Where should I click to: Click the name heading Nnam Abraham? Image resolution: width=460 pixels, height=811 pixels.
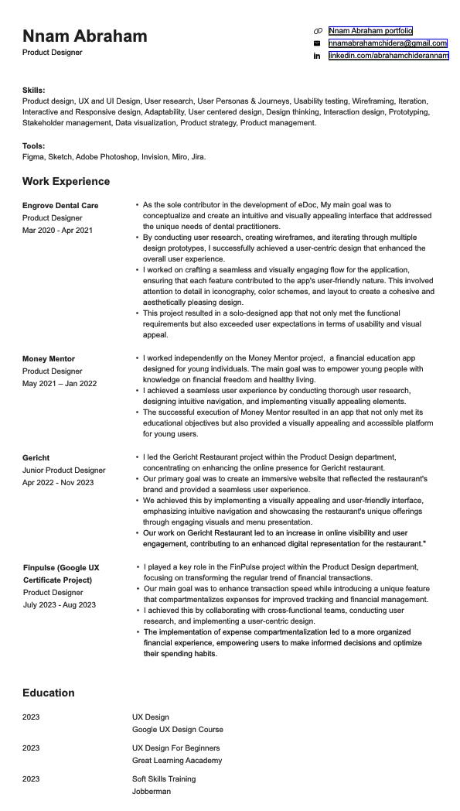tap(84, 36)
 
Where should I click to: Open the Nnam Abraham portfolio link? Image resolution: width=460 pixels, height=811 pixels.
tap(370, 30)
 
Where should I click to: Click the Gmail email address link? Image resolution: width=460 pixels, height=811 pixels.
tap(387, 43)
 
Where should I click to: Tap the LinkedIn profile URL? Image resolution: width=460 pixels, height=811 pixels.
tap(388, 56)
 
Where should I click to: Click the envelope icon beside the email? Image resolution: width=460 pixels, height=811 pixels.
tap(317, 43)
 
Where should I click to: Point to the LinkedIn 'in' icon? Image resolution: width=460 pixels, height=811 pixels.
tap(317, 56)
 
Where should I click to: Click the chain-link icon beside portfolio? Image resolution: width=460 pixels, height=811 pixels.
tap(317, 30)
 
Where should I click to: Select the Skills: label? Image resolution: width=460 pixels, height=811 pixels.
tap(34, 90)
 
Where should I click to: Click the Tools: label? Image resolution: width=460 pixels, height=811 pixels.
tap(34, 145)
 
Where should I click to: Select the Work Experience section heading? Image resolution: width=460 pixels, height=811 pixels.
tap(66, 181)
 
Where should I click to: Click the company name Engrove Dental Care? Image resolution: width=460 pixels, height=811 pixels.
tap(60, 205)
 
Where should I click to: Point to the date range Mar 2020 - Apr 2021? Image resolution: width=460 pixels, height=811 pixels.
tap(57, 230)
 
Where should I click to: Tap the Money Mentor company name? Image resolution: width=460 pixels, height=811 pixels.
tap(49, 358)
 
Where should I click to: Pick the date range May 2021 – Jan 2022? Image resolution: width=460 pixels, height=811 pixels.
tap(60, 383)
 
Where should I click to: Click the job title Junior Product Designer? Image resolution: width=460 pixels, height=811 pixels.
tap(64, 470)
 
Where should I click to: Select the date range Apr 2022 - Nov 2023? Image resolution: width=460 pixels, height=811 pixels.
tap(58, 482)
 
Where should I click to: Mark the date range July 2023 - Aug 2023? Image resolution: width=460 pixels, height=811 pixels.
tap(60, 604)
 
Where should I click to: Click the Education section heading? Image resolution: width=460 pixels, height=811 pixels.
tap(49, 693)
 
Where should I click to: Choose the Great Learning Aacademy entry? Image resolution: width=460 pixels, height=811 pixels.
tap(177, 760)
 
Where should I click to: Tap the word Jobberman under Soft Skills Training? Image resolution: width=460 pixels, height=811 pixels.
tap(152, 791)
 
